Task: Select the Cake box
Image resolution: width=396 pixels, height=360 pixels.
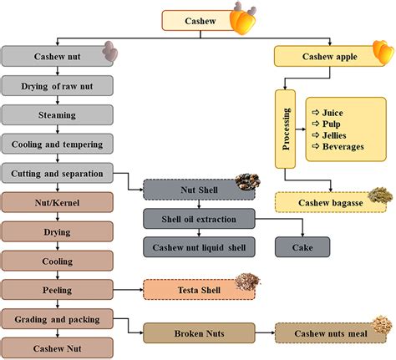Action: pos(302,247)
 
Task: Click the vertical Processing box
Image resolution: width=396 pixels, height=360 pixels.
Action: pos(286,129)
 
